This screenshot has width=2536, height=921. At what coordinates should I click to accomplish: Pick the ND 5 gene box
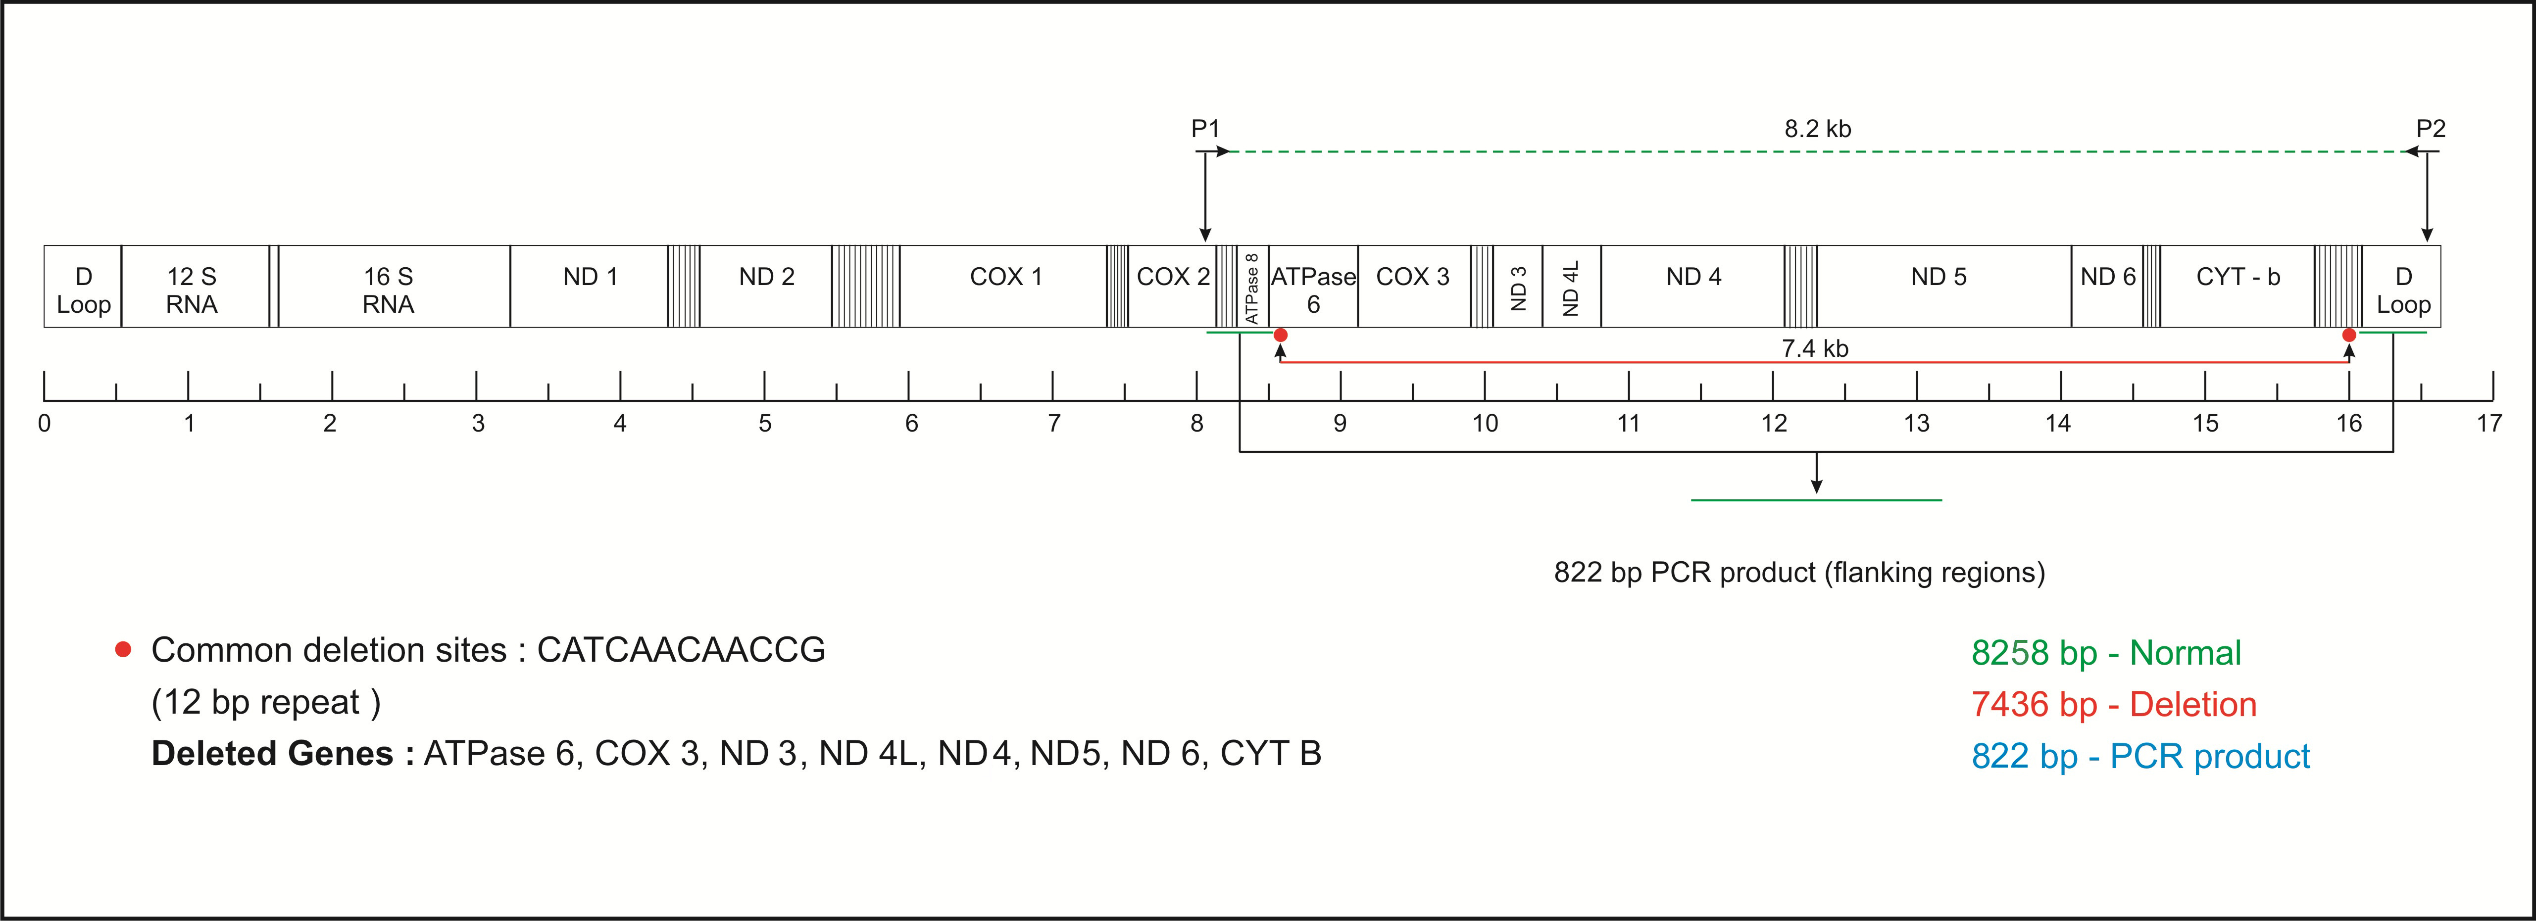click(1939, 287)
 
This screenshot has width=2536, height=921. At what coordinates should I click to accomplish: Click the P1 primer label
click(1205, 129)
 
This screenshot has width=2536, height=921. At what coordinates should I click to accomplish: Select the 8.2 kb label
click(1817, 129)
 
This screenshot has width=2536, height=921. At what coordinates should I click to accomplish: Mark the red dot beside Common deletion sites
click(123, 649)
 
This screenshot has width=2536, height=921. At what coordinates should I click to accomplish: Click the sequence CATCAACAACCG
click(681, 649)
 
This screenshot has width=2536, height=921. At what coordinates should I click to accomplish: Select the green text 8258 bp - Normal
click(2106, 652)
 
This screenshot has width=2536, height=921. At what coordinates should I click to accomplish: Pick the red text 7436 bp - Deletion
click(2114, 705)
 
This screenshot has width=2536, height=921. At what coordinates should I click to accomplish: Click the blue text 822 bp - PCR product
click(2140, 756)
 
